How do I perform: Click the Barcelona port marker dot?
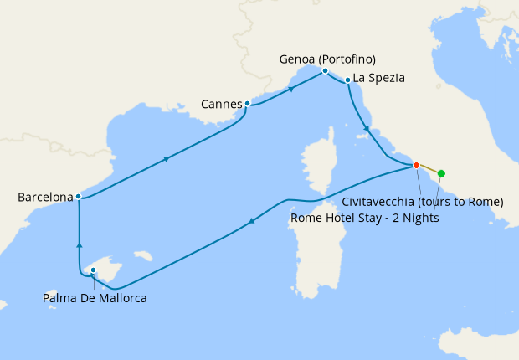(x=78, y=197)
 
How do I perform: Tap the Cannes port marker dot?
(x=247, y=104)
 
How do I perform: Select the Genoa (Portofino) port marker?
(x=325, y=71)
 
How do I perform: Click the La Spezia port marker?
(x=347, y=80)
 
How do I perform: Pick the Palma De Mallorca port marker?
(x=93, y=270)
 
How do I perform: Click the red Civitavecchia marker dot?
(x=416, y=166)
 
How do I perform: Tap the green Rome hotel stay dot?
(x=441, y=174)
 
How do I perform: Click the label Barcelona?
(x=45, y=198)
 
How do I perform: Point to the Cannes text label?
(x=222, y=105)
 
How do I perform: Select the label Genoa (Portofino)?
(x=327, y=59)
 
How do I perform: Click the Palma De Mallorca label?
(x=95, y=298)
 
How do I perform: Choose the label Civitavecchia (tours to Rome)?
(x=423, y=202)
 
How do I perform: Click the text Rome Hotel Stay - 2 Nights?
(x=364, y=218)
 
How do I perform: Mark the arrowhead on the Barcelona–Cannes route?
(x=168, y=158)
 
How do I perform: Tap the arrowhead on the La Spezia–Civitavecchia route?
(x=366, y=129)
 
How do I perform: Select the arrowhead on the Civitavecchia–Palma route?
(x=251, y=222)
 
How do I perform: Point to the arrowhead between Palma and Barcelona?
(x=79, y=245)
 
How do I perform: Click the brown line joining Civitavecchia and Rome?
(x=429, y=170)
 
